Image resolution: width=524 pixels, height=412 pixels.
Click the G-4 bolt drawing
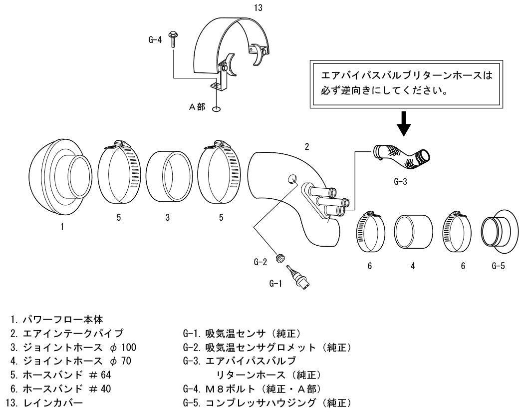pyautogui.click(x=174, y=39)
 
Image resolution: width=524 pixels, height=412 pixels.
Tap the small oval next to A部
pyautogui.click(x=216, y=109)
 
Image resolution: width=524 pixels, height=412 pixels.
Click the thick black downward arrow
pyautogui.click(x=404, y=124)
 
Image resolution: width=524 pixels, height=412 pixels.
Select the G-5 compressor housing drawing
pyautogui.click(x=500, y=232)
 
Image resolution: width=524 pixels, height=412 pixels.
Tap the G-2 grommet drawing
pyautogui.click(x=280, y=258)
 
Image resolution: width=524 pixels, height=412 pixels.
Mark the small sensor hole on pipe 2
pyautogui.click(x=292, y=179)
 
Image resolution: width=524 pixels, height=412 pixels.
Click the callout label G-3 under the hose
pyautogui.click(x=400, y=182)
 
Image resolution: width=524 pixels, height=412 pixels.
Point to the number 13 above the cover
pyautogui.click(x=258, y=7)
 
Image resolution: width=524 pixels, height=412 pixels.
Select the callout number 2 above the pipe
pyautogui.click(x=307, y=146)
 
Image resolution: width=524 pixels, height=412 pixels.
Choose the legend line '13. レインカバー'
pyautogui.click(x=44, y=403)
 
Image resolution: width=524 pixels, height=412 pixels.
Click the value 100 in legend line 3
pyautogui.click(x=128, y=347)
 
